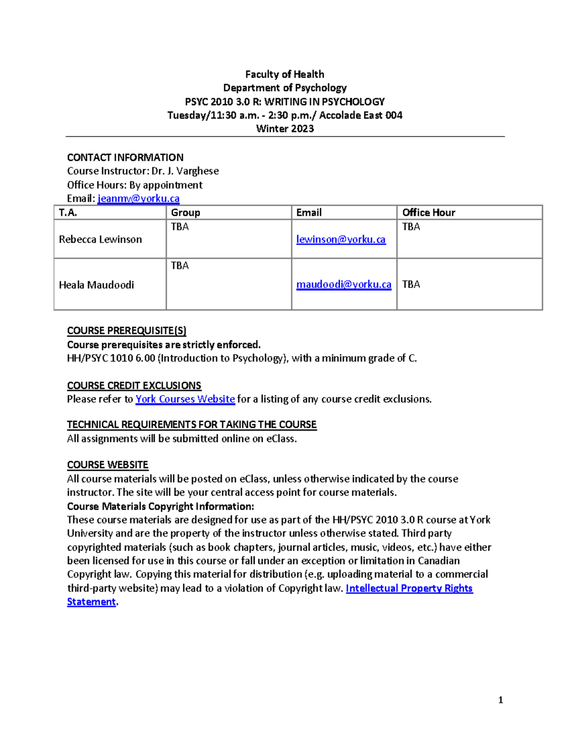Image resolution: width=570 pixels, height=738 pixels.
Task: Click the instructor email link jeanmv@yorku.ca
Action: coord(138,199)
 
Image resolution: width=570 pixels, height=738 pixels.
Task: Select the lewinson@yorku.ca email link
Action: coord(341,240)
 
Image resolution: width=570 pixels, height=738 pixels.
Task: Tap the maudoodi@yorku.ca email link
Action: coord(343,285)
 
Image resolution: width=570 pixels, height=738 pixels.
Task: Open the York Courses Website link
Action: coord(185,399)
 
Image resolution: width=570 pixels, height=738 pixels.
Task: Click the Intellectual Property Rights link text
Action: coord(409,588)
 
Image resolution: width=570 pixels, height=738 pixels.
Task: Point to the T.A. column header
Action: coord(68,212)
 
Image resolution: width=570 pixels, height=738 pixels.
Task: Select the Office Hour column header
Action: coord(428,212)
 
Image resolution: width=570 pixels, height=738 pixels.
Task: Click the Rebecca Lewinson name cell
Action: coord(100,240)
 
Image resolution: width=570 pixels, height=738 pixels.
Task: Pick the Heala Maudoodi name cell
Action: coord(96,285)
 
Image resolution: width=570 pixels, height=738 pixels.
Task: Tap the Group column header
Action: coord(185,212)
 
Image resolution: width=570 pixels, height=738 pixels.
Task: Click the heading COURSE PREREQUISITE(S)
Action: coord(126,331)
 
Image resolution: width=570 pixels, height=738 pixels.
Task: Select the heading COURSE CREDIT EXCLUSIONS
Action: coord(134,385)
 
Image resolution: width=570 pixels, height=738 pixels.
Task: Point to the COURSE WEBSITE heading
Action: coord(107,465)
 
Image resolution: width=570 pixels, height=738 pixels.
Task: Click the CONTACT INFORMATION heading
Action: coord(125,157)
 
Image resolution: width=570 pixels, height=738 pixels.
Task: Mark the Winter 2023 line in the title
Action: coord(285,129)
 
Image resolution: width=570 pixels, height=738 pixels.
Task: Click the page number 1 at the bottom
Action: coord(500,700)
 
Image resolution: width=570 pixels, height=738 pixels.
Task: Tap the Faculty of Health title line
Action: coord(285,74)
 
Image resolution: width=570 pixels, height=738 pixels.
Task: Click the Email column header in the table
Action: coord(309,212)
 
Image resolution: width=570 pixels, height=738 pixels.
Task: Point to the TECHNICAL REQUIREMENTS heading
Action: coord(191,424)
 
